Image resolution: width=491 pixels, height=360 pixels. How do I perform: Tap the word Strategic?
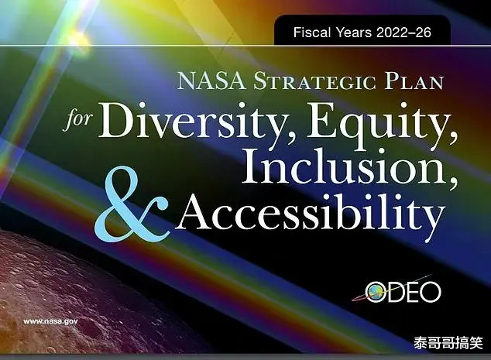click(x=314, y=81)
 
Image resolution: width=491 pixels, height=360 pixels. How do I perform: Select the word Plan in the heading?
click(x=414, y=81)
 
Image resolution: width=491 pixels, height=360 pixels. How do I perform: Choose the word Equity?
click(x=381, y=123)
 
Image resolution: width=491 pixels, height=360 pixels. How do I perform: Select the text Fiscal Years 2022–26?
click(x=362, y=33)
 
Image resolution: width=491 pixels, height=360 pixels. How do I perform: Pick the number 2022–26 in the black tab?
click(x=403, y=33)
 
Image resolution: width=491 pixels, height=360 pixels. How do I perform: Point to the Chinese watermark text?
click(x=448, y=342)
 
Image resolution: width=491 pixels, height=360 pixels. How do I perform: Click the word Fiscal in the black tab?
click(x=311, y=33)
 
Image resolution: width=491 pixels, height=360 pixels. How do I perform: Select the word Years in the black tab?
click(x=353, y=33)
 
